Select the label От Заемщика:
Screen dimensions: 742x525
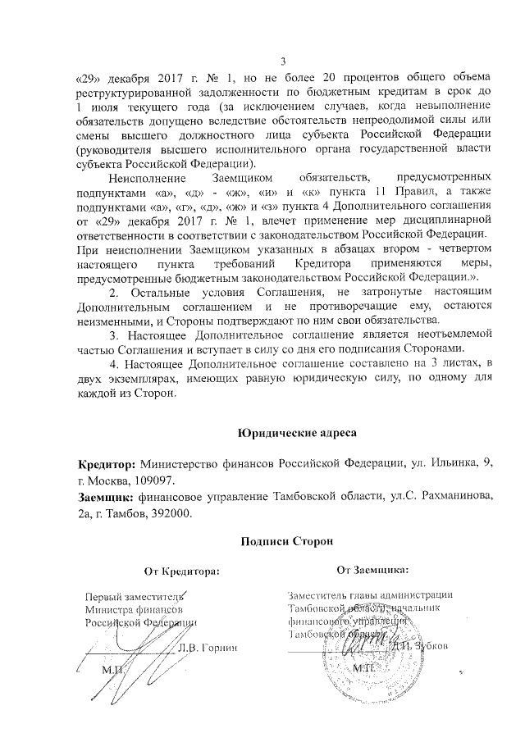point(373,567)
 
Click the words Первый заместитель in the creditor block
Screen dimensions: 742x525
point(135,595)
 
